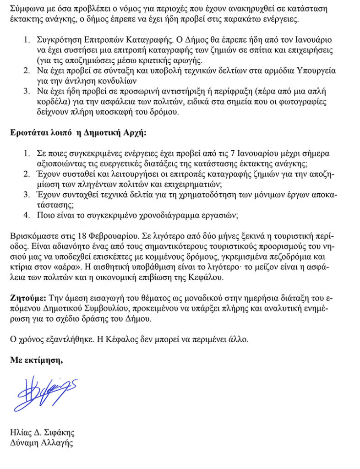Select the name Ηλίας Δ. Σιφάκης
point(42,432)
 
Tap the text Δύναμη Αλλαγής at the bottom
point(42,443)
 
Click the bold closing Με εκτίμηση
point(37,360)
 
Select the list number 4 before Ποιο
point(27,215)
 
